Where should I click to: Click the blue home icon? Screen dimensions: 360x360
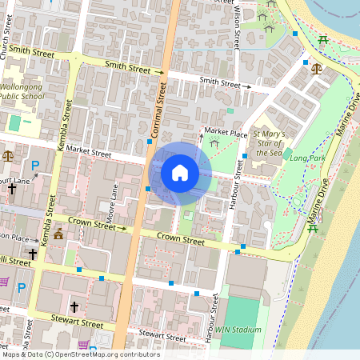click(180, 172)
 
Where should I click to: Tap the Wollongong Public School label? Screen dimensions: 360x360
click(23, 90)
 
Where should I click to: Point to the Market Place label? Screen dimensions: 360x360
click(226, 130)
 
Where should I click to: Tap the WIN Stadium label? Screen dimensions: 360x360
click(239, 329)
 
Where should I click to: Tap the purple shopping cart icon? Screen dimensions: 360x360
click(3, 282)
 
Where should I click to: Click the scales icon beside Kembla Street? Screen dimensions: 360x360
click(8, 155)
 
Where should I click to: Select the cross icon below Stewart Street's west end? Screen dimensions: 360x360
click(74, 306)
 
